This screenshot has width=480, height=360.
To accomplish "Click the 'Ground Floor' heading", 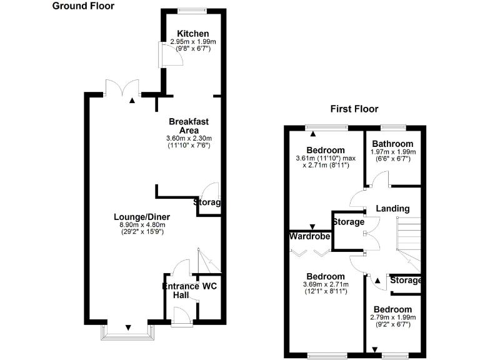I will point(83,6).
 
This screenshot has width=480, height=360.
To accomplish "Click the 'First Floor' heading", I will point(354,109).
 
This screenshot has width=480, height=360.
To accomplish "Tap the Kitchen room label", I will point(192,34).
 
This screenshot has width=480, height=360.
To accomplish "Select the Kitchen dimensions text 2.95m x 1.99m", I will point(192,42).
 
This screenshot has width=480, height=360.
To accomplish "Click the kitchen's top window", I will point(192,10).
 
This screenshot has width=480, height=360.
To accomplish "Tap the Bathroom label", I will point(392,144).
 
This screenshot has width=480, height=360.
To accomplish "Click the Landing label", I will point(393,209).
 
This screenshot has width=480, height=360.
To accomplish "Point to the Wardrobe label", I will point(309,237).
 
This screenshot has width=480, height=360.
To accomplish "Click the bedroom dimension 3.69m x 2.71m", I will point(325,285).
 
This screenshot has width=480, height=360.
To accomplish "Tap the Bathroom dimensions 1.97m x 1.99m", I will point(392,152).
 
